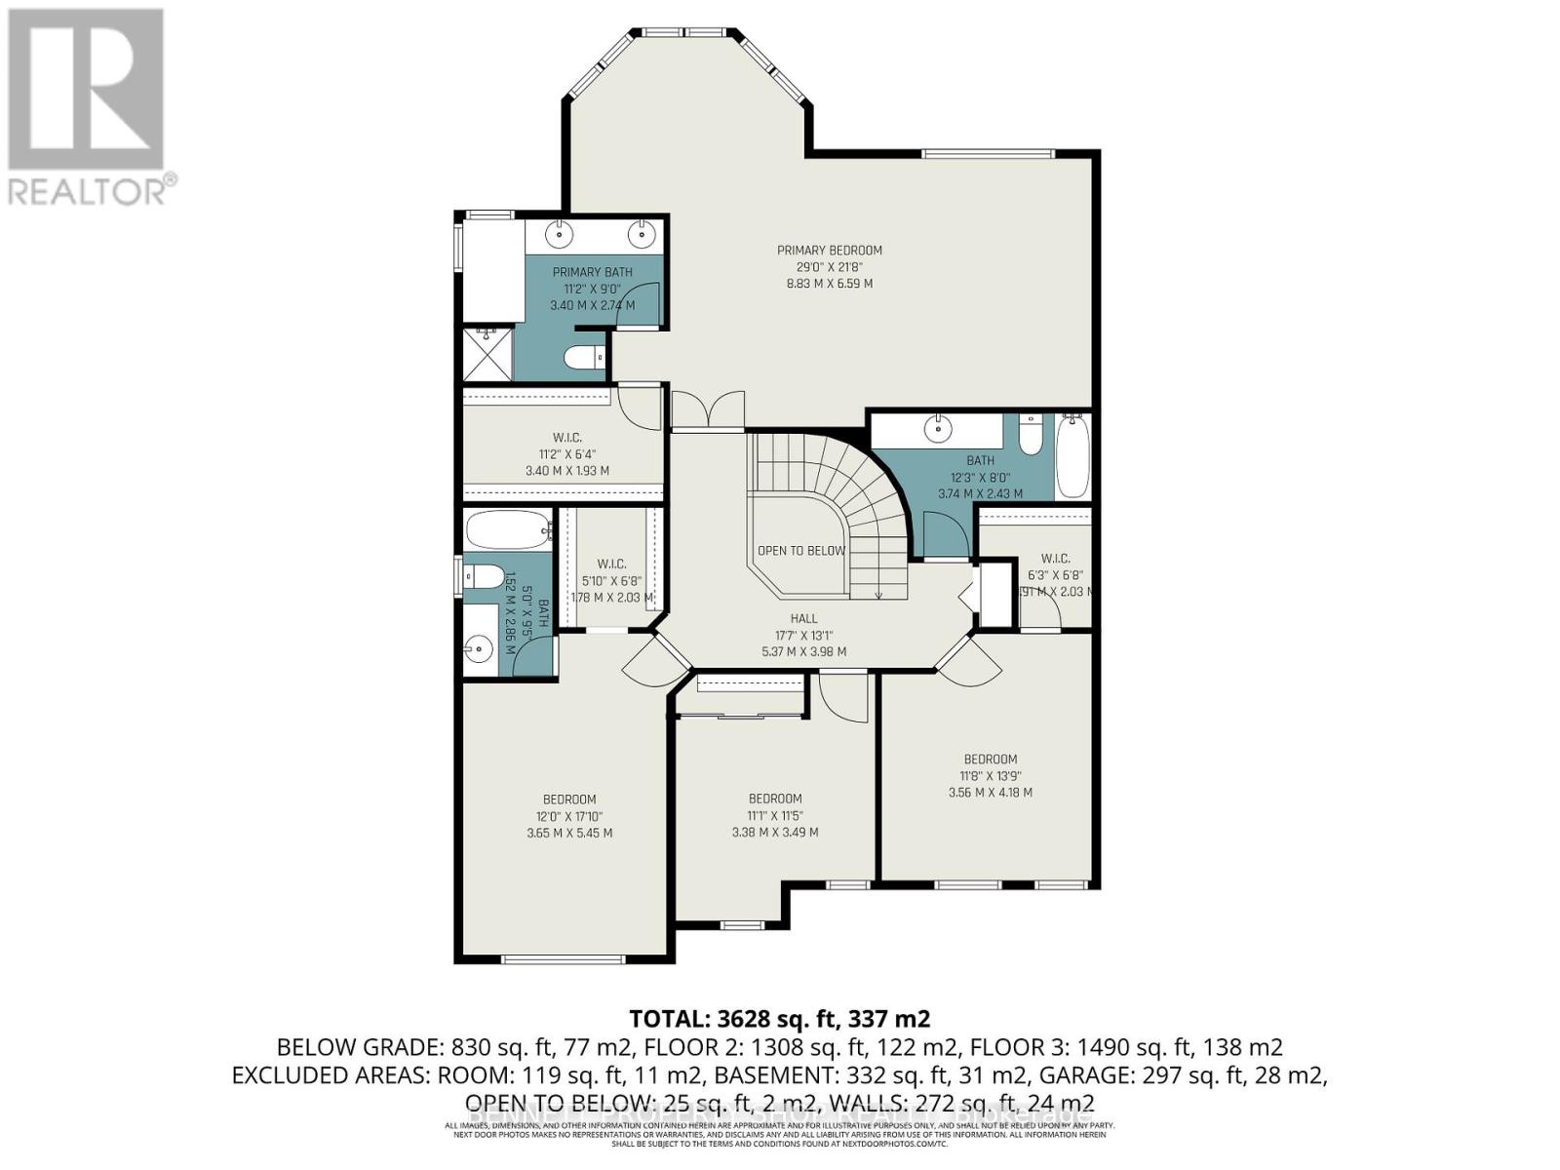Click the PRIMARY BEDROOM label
pos(829,251)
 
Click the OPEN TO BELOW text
pos(801,551)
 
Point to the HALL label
pos(803,618)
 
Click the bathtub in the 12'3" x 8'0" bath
pos(1072,455)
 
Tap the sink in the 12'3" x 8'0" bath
pos(938,427)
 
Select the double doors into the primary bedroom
pos(708,409)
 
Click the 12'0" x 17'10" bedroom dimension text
pos(569,816)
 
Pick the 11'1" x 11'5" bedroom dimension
pos(775,815)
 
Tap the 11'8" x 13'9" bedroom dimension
pos(990,776)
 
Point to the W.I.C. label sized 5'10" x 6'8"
pos(611,564)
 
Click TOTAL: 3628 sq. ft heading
pos(780,1019)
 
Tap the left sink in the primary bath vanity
pos(560,234)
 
